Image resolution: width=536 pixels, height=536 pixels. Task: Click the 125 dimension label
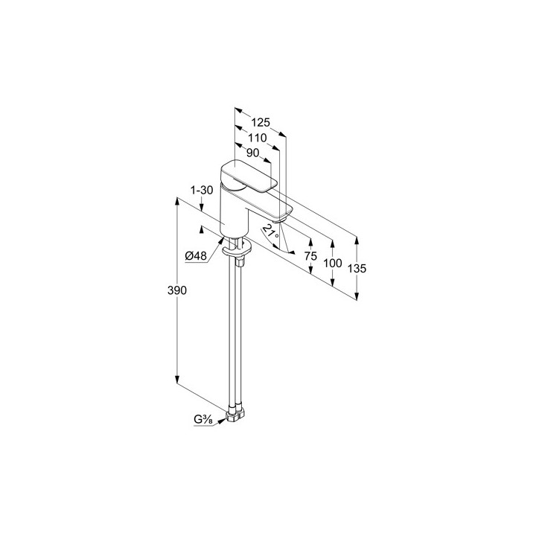pyautogui.click(x=261, y=122)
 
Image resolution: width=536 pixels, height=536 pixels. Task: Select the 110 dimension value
pyautogui.click(x=258, y=138)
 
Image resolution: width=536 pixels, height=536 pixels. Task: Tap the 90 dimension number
pyautogui.click(x=252, y=153)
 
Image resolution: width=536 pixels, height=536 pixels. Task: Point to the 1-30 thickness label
pyautogui.click(x=202, y=190)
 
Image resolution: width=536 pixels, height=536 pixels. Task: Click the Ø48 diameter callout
pyautogui.click(x=196, y=255)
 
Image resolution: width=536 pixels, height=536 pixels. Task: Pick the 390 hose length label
pyautogui.click(x=177, y=290)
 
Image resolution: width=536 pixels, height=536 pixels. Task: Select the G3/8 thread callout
pyautogui.click(x=203, y=419)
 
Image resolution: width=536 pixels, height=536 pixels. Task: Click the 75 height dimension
pyautogui.click(x=310, y=255)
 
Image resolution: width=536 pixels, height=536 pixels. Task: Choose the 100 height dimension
pyautogui.click(x=333, y=263)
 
